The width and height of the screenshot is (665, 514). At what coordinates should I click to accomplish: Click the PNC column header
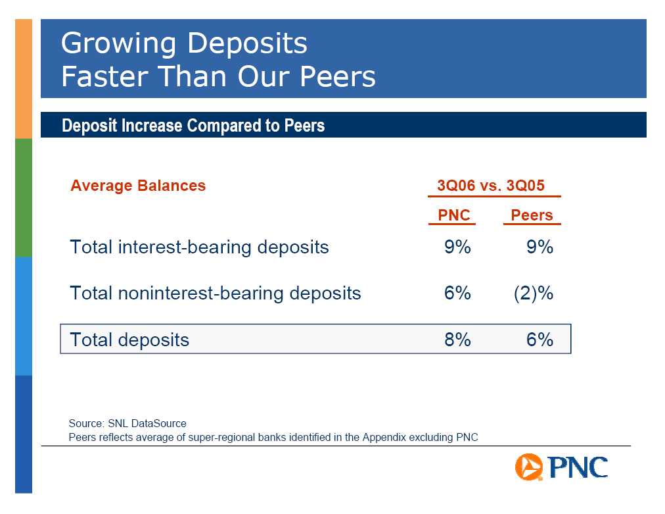point(454,215)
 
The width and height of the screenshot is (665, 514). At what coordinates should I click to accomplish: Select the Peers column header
point(532,215)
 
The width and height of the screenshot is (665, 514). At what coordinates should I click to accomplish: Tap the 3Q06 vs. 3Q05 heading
point(491,186)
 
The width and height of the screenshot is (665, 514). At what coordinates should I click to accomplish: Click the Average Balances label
point(138,186)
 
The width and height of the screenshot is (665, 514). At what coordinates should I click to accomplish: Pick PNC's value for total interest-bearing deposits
point(457,247)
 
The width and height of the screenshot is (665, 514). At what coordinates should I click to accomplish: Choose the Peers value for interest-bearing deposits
point(540,247)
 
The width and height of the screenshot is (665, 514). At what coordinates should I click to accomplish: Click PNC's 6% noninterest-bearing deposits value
point(457,293)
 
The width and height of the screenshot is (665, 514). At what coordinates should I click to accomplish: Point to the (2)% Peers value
point(534,294)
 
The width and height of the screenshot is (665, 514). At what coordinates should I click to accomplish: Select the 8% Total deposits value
point(457,340)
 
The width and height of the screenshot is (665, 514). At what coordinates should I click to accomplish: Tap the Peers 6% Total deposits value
point(540,340)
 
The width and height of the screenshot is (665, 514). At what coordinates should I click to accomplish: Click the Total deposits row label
point(129,340)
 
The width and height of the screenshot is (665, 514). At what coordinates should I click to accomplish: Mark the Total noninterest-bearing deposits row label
point(216,294)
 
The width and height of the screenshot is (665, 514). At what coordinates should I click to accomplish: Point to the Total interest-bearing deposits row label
point(199,247)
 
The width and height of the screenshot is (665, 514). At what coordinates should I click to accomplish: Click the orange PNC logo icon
point(529,467)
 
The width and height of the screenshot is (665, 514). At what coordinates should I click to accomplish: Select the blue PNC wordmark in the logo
point(578,468)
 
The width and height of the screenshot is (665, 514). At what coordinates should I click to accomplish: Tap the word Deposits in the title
point(247,43)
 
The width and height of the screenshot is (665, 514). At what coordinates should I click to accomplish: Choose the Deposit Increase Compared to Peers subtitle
point(193,125)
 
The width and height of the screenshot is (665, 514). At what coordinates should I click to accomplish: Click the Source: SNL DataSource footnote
point(127,424)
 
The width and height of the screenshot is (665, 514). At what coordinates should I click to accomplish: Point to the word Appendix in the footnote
point(384,438)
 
